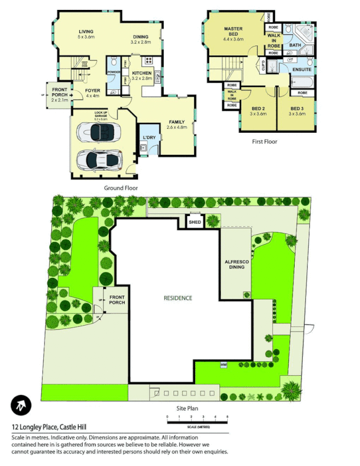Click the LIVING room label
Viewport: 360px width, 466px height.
click(x=86, y=31)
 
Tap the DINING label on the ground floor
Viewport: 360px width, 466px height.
click(x=140, y=37)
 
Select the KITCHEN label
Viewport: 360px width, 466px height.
click(x=142, y=73)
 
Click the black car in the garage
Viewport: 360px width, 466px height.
click(x=99, y=132)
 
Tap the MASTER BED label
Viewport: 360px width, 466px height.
click(x=233, y=33)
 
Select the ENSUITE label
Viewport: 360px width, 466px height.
click(x=302, y=70)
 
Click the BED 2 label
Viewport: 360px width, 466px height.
click(x=259, y=109)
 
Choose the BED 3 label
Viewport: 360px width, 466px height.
click(x=297, y=109)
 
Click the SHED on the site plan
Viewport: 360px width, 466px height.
click(x=195, y=221)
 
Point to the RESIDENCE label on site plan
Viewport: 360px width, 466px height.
click(x=177, y=298)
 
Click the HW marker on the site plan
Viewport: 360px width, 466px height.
click(x=223, y=365)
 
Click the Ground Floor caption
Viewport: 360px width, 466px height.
click(x=121, y=188)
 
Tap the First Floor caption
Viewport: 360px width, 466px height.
click(x=264, y=142)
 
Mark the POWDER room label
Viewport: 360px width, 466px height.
click(x=114, y=72)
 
